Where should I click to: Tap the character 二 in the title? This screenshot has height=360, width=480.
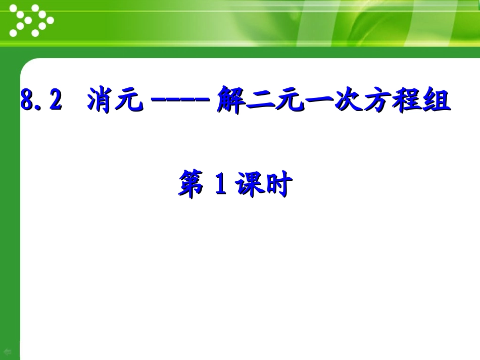258,100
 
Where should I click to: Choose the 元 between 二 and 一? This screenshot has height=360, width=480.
287,100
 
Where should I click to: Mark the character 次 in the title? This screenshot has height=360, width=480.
347,100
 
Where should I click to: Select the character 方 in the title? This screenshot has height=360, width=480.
377,100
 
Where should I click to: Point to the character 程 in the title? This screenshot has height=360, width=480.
407,100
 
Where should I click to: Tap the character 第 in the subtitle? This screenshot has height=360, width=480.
190,185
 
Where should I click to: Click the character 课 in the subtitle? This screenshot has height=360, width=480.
248,185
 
